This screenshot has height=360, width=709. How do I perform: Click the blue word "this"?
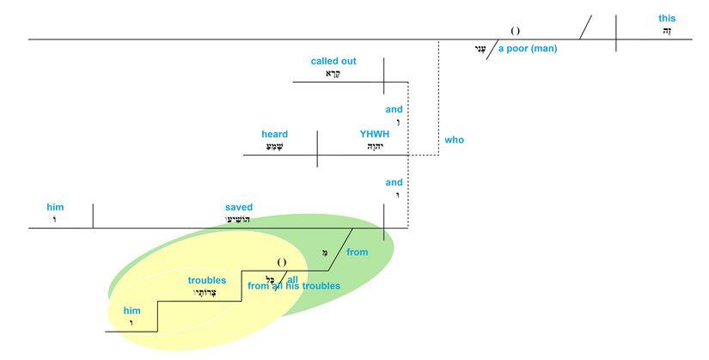(667, 18)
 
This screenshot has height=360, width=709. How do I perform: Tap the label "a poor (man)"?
(528, 48)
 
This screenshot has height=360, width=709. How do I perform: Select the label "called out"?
(333, 61)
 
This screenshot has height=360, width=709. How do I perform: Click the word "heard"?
(275, 134)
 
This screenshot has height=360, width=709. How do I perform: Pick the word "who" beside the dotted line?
(454, 139)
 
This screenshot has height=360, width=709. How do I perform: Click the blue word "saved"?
(239, 207)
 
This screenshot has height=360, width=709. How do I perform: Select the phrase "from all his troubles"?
(294, 285)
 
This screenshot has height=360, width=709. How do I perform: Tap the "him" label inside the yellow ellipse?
(131, 310)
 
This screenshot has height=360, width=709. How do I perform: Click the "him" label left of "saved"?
(55, 207)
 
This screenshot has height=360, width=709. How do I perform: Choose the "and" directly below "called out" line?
(394, 109)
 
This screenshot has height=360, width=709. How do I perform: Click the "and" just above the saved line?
(394, 182)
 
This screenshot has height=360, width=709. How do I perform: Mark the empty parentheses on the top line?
(516, 30)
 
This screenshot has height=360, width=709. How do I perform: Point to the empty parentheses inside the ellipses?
(282, 261)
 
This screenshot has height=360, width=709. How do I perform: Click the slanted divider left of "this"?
(585, 27)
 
